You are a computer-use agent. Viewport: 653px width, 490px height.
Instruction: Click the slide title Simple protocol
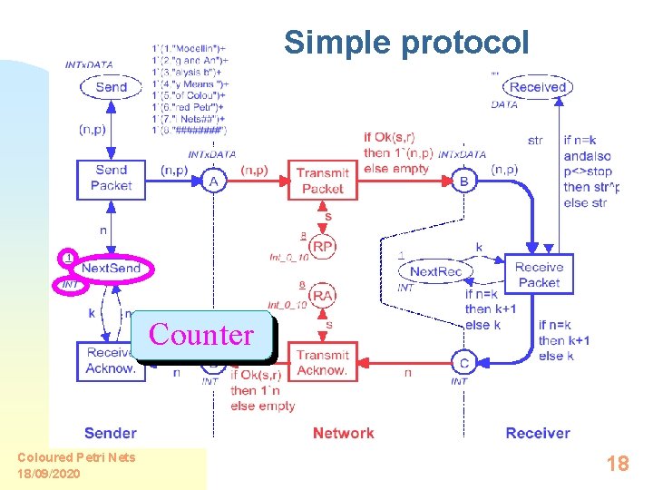point(405,42)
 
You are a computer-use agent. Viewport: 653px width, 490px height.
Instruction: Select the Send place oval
point(111,87)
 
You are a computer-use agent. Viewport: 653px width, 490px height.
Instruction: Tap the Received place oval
point(538,87)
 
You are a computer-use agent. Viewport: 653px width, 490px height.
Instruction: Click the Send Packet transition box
point(111,178)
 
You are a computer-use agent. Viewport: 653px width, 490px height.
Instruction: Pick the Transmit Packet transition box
point(322,181)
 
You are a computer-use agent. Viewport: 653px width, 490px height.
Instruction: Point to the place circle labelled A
point(213,182)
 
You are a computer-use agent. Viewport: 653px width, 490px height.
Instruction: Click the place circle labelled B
point(463,181)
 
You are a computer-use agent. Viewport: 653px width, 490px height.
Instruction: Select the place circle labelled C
point(463,363)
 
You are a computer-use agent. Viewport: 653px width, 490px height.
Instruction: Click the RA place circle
point(322,296)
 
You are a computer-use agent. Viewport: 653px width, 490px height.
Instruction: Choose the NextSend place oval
point(111,269)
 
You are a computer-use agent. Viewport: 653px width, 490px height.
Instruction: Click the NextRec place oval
point(436,271)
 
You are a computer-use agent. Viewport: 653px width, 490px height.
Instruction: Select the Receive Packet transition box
point(539,274)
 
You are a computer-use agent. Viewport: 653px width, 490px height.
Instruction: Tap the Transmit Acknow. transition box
point(322,362)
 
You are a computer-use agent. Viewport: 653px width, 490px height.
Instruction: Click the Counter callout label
point(201,335)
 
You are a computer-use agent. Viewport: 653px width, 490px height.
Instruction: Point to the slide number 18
point(618,464)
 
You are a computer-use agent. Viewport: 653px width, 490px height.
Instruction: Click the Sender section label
point(111,433)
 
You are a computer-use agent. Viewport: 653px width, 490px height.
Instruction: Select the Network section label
point(343,433)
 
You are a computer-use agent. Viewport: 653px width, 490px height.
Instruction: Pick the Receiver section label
point(538,433)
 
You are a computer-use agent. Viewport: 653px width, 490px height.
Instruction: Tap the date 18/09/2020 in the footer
point(49,474)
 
